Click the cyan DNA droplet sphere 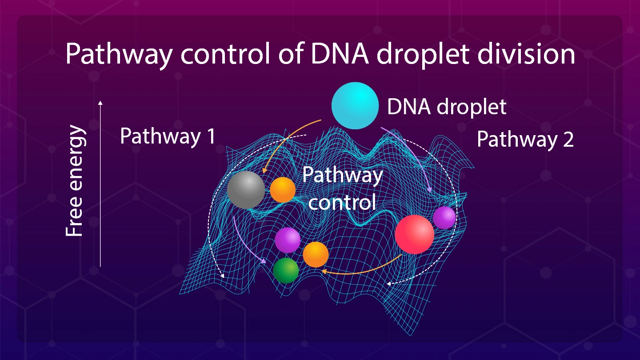(x=355, y=106)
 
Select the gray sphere (x=246, y=190)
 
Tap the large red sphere (x=415, y=234)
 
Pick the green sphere (x=286, y=271)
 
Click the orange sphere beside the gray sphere (x=283, y=190)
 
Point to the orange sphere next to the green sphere (x=316, y=255)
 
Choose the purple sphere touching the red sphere (x=444, y=218)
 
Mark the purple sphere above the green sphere (x=288, y=240)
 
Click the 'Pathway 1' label (x=168, y=136)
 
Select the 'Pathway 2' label (x=525, y=140)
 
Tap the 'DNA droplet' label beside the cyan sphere (x=447, y=107)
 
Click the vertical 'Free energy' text (x=75, y=180)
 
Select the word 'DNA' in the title (x=340, y=54)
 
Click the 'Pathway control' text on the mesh (x=342, y=188)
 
